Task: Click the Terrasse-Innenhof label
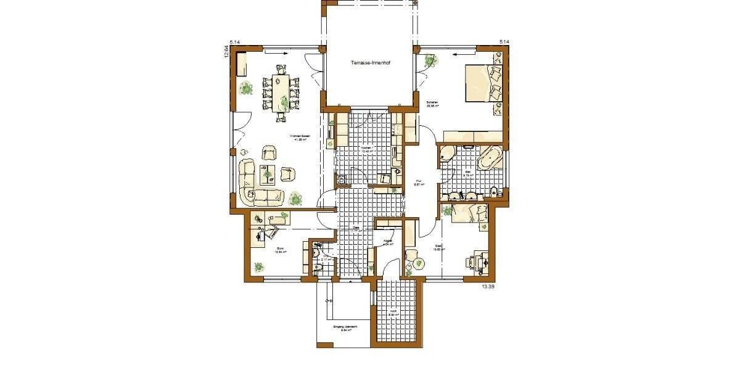tap(369, 63)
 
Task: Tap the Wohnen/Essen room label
tap(301, 137)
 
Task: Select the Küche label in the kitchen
tap(365, 149)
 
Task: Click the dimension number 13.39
tap(488, 287)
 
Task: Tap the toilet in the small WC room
tap(317, 268)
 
